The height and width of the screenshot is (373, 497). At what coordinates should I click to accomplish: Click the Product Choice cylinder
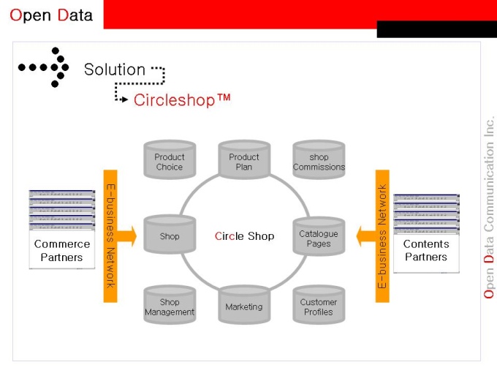tap(170, 161)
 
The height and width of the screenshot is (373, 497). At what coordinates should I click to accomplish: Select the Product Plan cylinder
tap(244, 161)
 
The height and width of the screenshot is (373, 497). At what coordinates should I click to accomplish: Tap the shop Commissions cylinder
tap(319, 161)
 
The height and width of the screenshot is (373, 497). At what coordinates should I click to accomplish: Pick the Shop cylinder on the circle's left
tap(170, 236)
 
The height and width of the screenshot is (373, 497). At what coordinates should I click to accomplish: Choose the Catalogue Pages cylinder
tap(319, 238)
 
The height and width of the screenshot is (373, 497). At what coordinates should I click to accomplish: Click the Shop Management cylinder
tap(170, 306)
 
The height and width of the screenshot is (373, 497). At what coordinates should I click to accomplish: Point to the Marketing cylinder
tap(244, 306)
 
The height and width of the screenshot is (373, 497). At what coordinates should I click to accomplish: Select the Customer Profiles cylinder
tap(319, 306)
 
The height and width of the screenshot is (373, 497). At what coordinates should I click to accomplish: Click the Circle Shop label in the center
tap(244, 236)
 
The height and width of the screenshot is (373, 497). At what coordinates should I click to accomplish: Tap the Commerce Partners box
tap(62, 250)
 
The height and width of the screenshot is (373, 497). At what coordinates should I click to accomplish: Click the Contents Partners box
tap(426, 250)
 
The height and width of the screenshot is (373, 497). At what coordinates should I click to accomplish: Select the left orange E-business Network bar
tap(110, 235)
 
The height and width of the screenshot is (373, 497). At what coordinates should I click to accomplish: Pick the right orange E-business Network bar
tap(382, 235)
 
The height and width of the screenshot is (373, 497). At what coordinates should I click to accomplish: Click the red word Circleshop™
tap(182, 99)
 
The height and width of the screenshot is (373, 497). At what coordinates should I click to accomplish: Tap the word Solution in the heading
tap(114, 69)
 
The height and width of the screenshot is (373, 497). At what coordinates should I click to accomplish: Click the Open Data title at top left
tap(51, 15)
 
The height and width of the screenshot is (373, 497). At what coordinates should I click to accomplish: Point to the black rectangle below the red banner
tap(436, 29)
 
